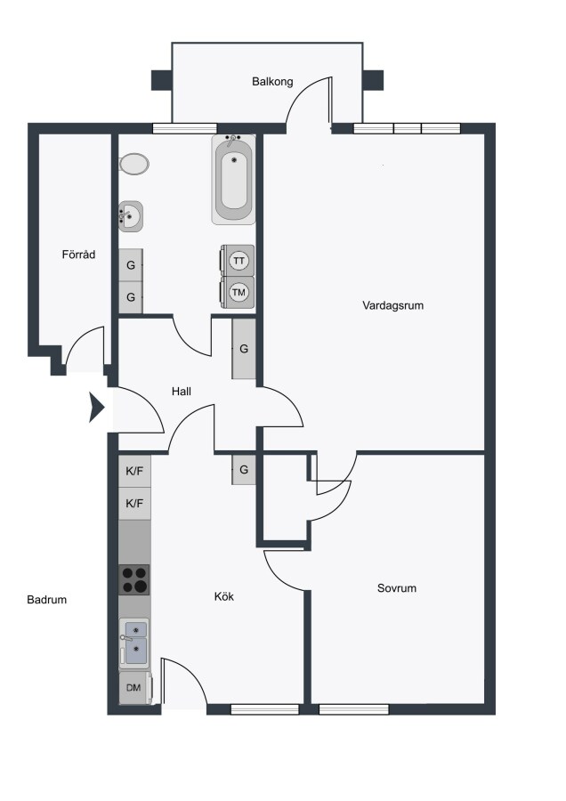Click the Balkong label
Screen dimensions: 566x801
pyautogui.click(x=272, y=82)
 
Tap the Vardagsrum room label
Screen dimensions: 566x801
pyautogui.click(x=392, y=305)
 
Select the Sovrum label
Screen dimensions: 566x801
pyautogui.click(x=396, y=588)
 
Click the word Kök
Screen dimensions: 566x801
pyautogui.click(x=223, y=596)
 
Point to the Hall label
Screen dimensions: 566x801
pyautogui.click(x=182, y=392)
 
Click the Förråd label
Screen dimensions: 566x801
pyautogui.click(x=78, y=254)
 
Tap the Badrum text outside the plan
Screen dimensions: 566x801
pyautogui.click(x=46, y=600)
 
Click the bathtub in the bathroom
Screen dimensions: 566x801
pyautogui.click(x=234, y=179)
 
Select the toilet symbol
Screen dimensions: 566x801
pyautogui.click(x=133, y=165)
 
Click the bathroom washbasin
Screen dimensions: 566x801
pyautogui.click(x=130, y=216)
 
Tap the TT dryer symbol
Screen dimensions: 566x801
pyautogui.click(x=238, y=261)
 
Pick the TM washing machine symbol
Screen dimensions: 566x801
pyautogui.click(x=238, y=293)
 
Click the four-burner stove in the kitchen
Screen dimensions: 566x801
pyautogui.click(x=134, y=579)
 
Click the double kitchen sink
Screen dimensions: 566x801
pyautogui.click(x=134, y=643)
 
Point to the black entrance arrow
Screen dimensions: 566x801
pyautogui.click(x=96, y=408)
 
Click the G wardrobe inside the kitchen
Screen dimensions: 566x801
pyautogui.click(x=244, y=469)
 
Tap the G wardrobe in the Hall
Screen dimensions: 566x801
pyautogui.click(x=244, y=348)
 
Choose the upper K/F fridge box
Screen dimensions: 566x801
pyautogui.click(x=135, y=471)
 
